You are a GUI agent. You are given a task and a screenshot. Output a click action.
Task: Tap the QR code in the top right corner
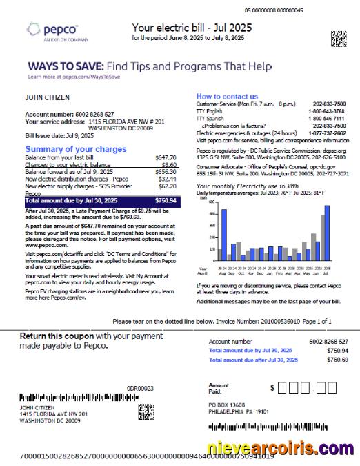[338, 39]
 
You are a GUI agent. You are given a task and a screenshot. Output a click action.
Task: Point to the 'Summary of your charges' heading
[76, 149]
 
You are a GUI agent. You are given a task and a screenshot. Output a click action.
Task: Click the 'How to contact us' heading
[228, 96]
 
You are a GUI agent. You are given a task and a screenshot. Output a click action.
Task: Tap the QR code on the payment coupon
[146, 412]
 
